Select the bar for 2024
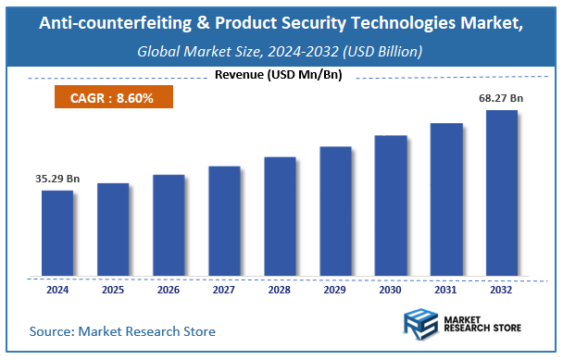pyautogui.click(x=57, y=233)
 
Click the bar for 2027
pyautogui.click(x=224, y=221)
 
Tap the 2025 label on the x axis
pyautogui.click(x=113, y=290)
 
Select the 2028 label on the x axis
pyautogui.click(x=280, y=290)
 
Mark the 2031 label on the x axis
pyautogui.click(x=446, y=290)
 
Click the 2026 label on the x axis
pyautogui.click(x=169, y=290)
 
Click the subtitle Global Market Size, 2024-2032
pyautogui.click(x=280, y=52)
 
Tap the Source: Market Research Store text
pyautogui.click(x=122, y=330)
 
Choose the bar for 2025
pyautogui.click(x=113, y=230)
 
